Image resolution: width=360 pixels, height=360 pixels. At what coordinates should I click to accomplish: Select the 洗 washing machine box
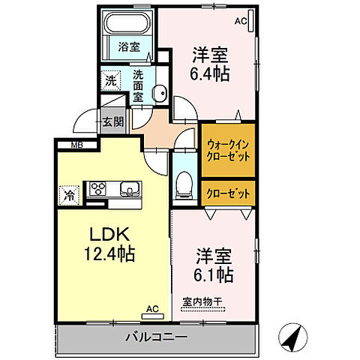coord(111,79)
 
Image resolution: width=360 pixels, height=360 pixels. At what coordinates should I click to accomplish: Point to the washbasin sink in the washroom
coord(159,93)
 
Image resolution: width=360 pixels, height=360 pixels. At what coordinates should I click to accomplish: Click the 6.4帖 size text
coord(210,74)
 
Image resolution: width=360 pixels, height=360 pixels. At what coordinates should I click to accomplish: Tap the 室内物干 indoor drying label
coord(202,303)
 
